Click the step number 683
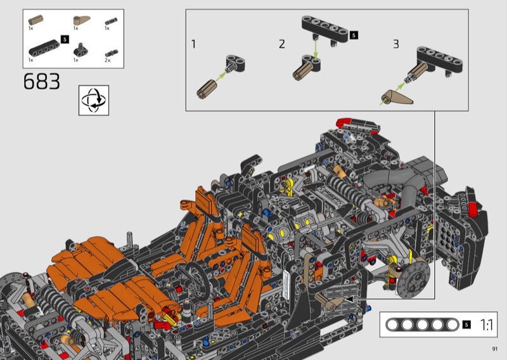[x=42, y=81]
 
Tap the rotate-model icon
[x=94, y=100]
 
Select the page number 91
[x=495, y=349]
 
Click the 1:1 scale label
[x=486, y=325]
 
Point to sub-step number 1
[x=193, y=44]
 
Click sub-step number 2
[x=282, y=44]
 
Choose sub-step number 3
[x=395, y=44]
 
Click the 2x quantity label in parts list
[x=107, y=60]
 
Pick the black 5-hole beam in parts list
[x=44, y=48]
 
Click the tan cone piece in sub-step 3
[x=397, y=97]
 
